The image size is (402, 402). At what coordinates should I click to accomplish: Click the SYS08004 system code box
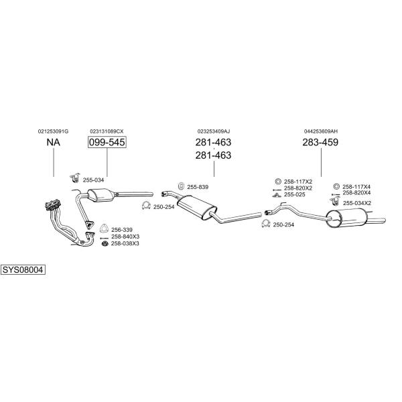23,270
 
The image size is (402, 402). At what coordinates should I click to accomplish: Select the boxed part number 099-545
107,142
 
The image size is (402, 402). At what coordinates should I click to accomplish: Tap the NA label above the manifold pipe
54,142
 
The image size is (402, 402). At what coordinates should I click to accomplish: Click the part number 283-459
320,142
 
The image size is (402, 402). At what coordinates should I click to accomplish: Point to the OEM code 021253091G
54,131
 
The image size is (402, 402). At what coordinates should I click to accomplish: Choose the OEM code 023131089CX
107,131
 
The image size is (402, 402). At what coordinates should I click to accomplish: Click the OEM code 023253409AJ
214,131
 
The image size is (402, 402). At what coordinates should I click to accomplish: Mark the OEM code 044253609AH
321,131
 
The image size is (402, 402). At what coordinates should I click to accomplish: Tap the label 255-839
198,187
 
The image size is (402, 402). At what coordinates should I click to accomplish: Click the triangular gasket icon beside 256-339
104,228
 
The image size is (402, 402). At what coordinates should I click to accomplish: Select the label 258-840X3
125,237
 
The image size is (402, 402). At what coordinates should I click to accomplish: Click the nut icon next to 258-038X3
105,244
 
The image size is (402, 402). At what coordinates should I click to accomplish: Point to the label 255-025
295,194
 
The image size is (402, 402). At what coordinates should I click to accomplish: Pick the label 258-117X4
356,187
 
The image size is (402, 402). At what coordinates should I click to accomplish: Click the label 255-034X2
357,203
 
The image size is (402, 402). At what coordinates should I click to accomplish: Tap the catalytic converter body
99,195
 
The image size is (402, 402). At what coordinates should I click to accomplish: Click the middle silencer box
196,208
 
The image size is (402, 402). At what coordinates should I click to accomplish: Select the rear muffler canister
346,218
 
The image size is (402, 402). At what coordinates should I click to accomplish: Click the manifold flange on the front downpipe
53,204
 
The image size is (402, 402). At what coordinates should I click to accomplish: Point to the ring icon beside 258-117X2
277,182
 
